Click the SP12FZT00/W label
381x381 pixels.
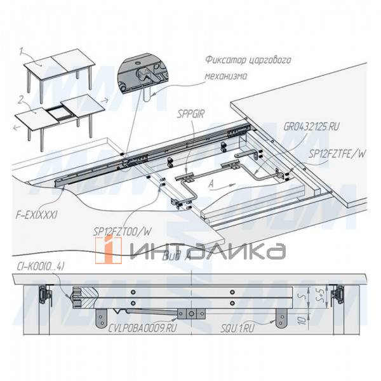point(122,231)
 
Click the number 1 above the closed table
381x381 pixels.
point(20,49)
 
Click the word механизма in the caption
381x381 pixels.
point(224,76)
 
